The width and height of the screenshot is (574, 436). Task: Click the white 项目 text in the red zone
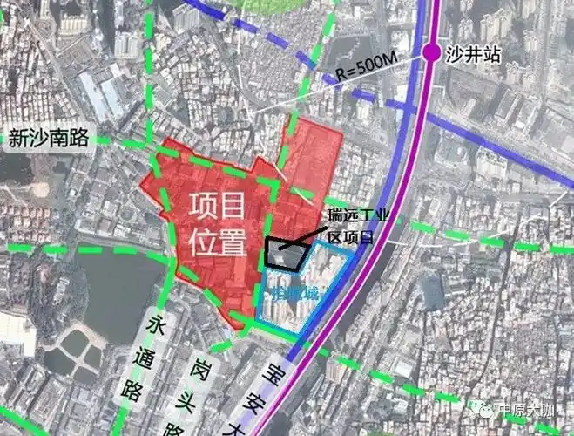218,207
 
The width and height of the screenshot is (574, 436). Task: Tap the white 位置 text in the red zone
218,241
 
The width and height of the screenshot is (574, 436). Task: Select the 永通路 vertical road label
157,358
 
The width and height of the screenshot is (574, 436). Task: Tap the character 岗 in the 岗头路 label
202,366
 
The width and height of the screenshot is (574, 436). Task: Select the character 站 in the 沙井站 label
494,53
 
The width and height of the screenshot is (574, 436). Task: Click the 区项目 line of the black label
348,235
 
